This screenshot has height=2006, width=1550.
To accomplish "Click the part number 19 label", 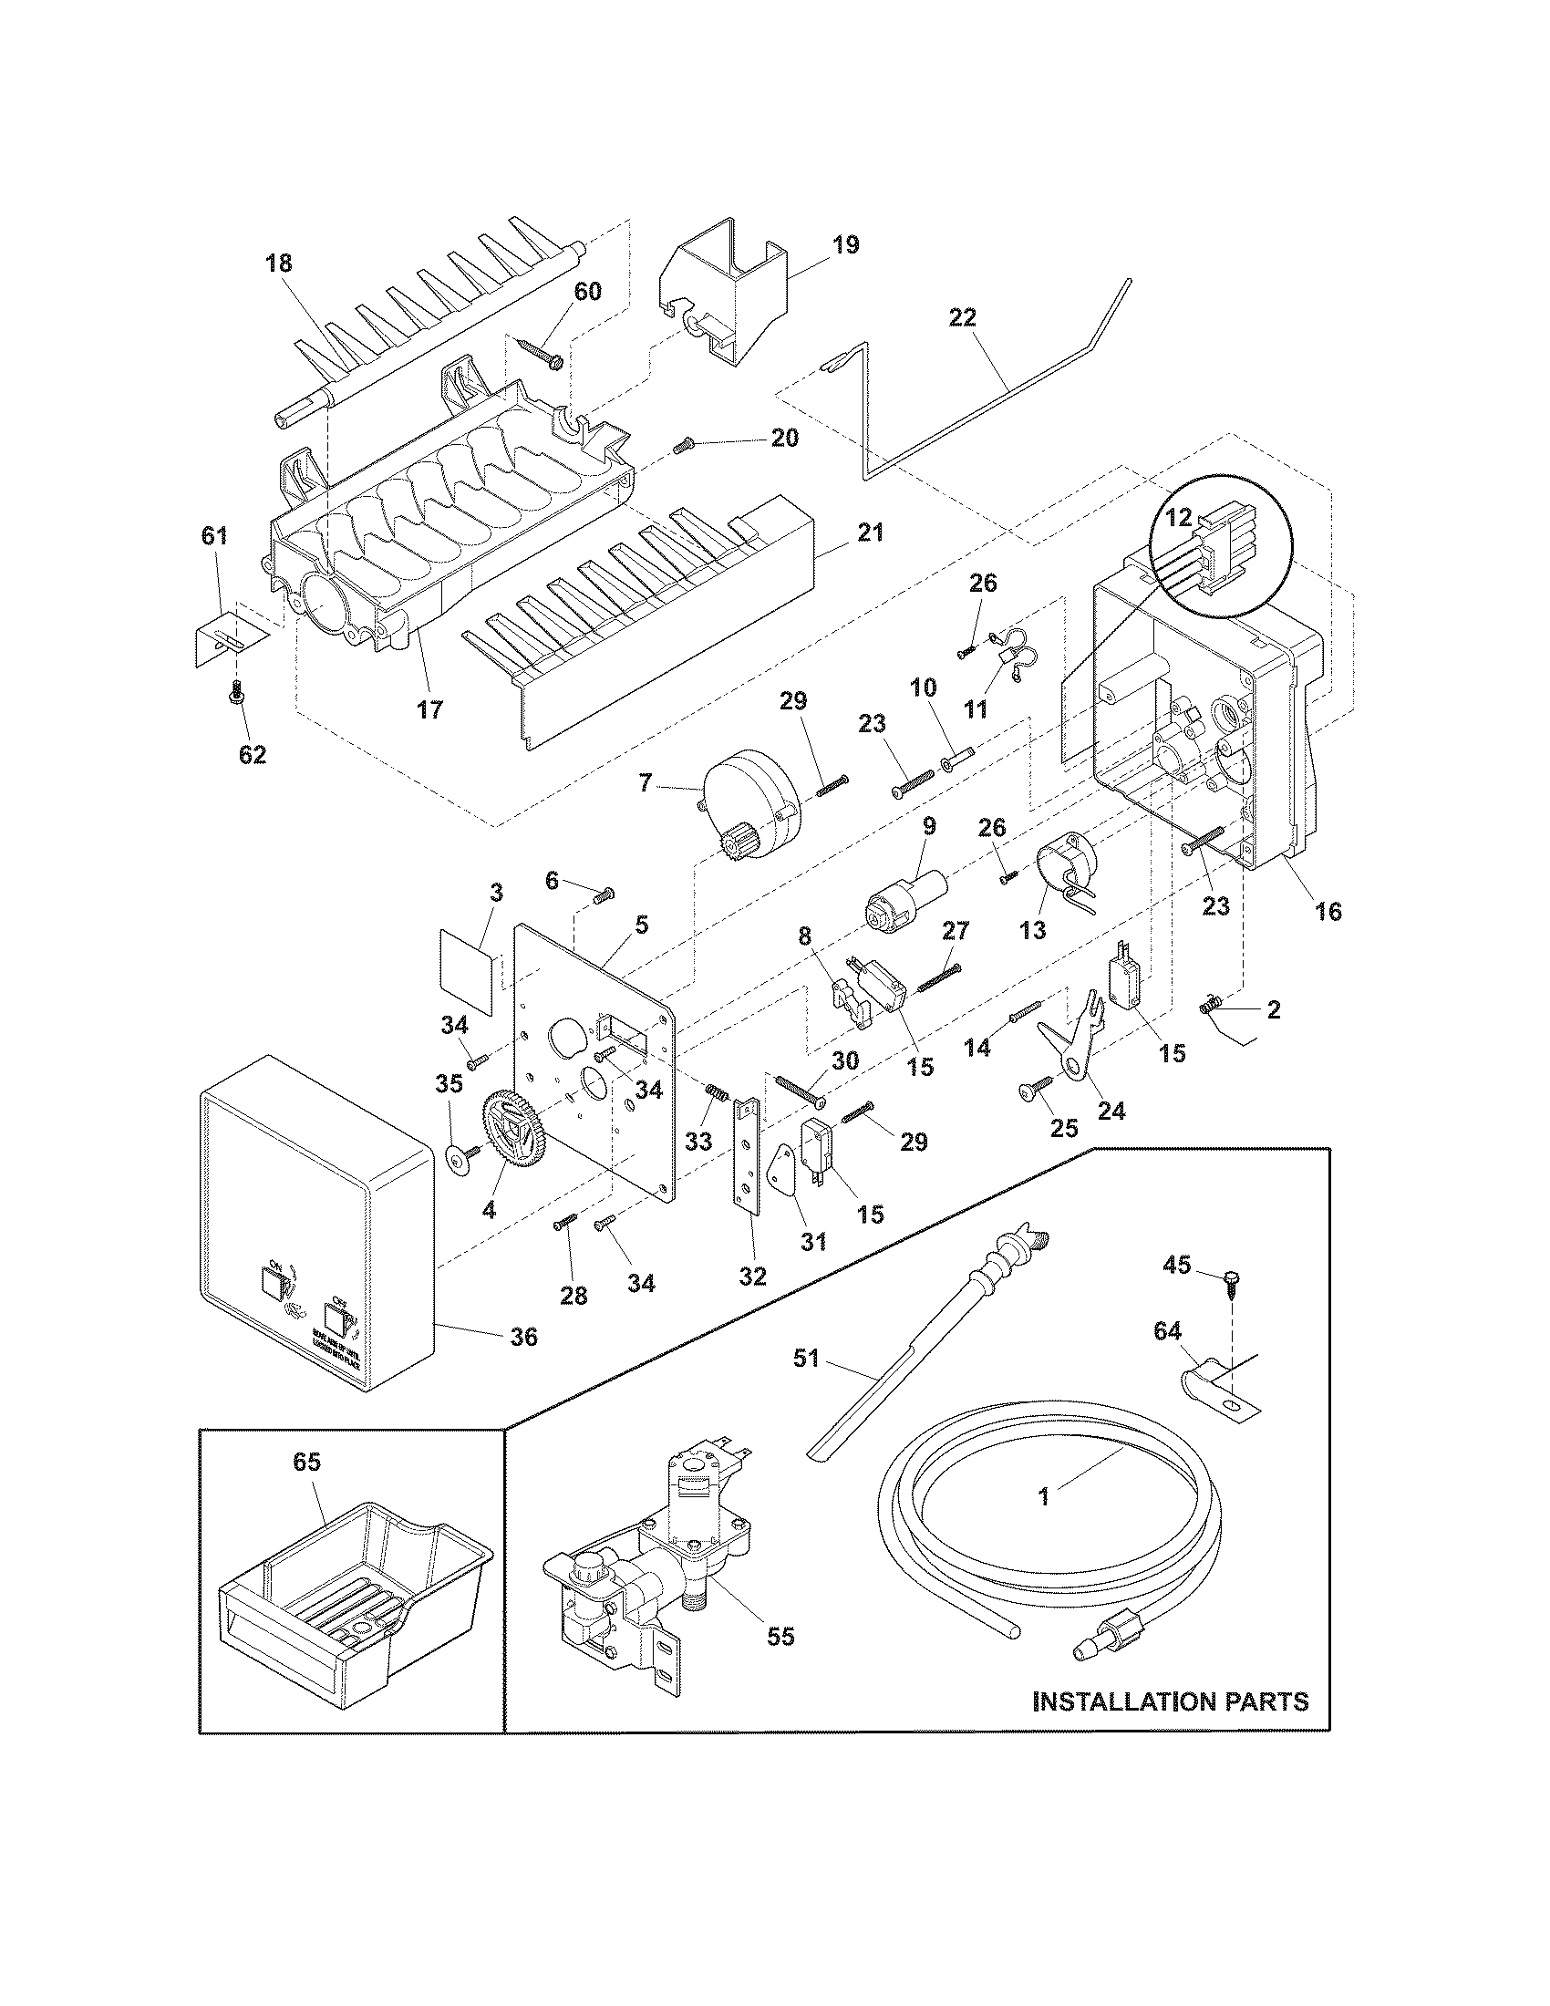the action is point(846,245).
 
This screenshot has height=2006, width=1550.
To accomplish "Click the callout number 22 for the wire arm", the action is point(963,318).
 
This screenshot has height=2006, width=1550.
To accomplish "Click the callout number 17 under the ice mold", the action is point(429,709).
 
